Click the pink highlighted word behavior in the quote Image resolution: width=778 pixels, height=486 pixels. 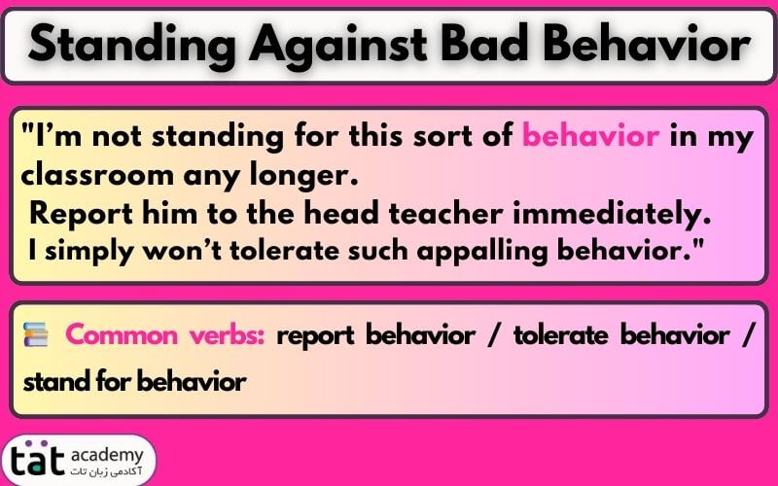(x=590, y=137)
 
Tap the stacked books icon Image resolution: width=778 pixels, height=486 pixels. (x=36, y=337)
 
